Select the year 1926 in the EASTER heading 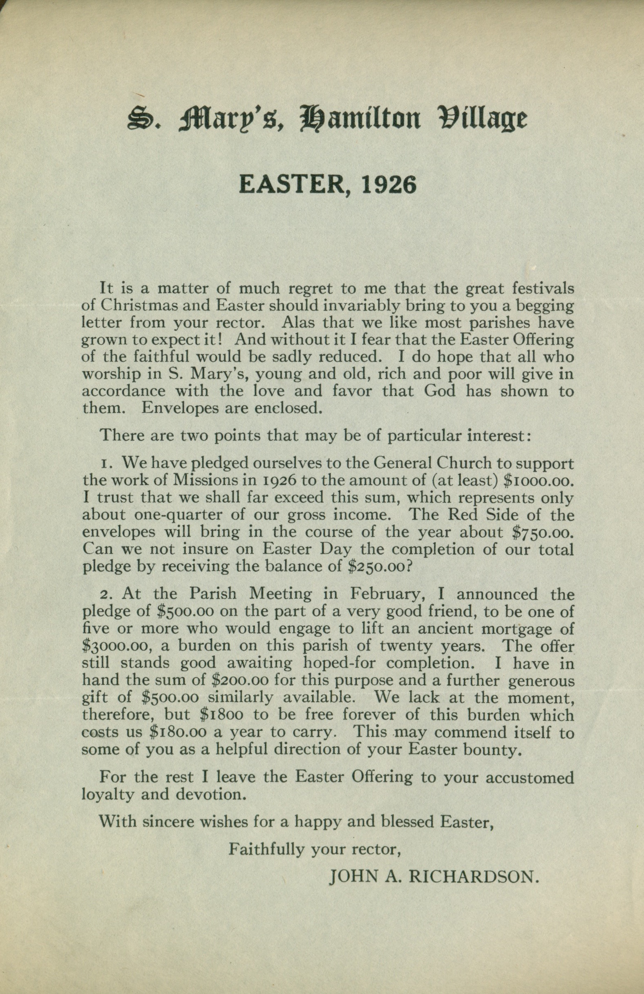[389, 184]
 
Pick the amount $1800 [221, 715]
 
